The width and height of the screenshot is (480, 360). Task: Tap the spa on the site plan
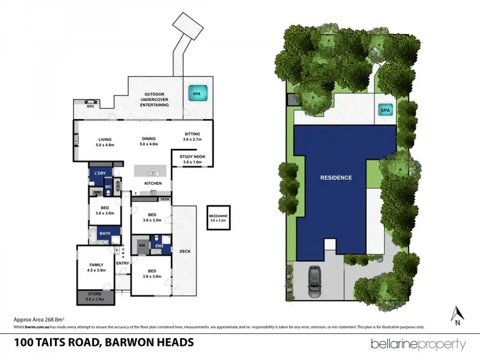pos(385,111)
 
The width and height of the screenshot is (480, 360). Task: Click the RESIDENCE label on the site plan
pos(336,177)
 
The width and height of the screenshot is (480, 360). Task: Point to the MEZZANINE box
pos(218,219)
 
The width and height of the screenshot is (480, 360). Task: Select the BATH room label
pos(104,233)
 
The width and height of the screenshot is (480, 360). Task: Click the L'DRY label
pos(100,174)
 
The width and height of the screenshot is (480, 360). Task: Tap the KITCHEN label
pos(152,184)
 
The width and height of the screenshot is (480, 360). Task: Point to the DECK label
pos(185,251)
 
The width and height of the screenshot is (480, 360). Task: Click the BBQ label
pos(81,106)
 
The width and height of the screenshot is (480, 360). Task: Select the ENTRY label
pos(122,262)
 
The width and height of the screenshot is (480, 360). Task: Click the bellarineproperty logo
pos(418,344)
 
